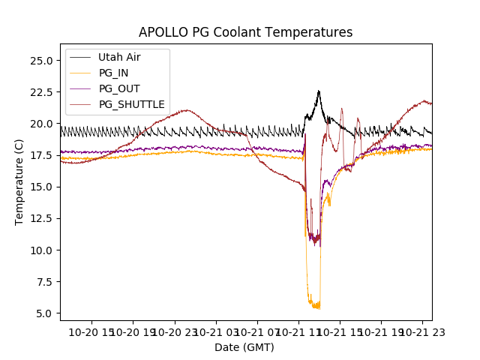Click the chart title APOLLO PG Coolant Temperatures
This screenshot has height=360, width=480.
tap(245, 32)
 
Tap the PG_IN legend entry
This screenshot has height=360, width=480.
tap(115, 73)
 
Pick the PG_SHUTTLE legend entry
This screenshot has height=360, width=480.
tap(131, 104)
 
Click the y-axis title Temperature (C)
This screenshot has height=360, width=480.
tap(19, 182)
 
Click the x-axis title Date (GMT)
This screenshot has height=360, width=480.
tap(244, 347)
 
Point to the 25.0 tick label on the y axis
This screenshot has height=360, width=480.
tap(40, 61)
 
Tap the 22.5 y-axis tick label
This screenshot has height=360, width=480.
tap(40, 92)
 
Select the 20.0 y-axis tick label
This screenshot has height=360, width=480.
tap(40, 124)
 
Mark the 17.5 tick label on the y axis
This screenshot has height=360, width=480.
tap(40, 155)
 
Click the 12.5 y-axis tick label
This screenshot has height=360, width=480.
tap(40, 218)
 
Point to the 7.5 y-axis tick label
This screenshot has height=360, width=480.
tap(43, 281)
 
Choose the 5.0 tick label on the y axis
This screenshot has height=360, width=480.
tap(43, 313)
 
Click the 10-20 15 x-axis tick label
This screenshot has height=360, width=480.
tap(93, 332)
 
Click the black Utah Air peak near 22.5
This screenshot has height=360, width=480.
tap(319, 91)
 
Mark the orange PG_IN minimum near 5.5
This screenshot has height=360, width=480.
tap(318, 308)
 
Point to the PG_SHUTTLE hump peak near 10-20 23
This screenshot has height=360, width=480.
tap(184, 110)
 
